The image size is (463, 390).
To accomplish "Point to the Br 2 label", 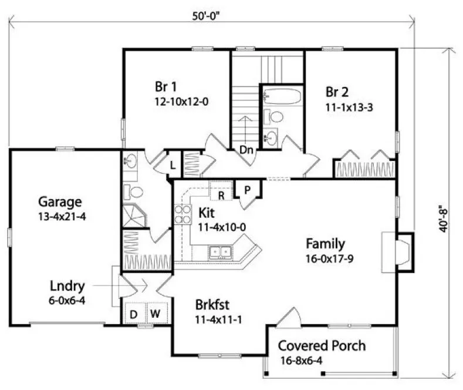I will point(337,92).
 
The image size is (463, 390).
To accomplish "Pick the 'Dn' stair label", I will point(246,150).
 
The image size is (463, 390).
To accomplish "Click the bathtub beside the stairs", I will point(282,96).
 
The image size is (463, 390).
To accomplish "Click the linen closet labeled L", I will point(172,165).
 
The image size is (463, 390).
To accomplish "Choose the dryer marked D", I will point(134,314).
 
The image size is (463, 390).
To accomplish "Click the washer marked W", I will point(155,314).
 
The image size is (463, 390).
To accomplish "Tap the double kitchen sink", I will point(221,253).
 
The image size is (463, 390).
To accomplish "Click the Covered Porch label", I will point(322,345).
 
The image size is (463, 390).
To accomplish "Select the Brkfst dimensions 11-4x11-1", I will point(219,320).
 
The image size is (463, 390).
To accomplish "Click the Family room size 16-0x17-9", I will point(325,258).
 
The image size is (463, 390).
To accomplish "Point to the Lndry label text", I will point(67,287).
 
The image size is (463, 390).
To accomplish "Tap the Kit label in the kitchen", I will point(206,211).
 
